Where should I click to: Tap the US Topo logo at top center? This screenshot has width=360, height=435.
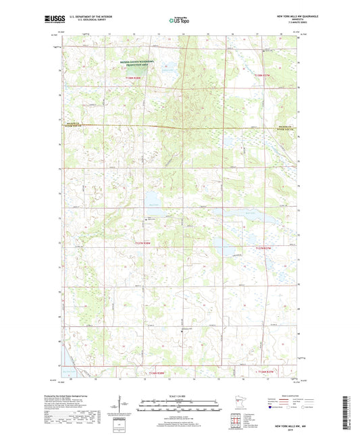tap(178, 21)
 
